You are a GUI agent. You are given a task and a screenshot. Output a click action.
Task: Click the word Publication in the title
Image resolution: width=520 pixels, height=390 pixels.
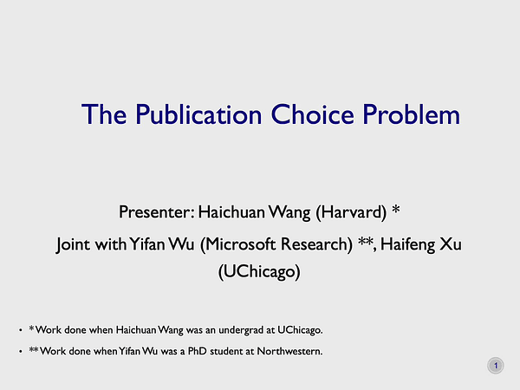coord(192,114)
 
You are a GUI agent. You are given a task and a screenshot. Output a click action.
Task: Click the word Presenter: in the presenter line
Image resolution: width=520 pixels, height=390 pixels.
coord(157,211)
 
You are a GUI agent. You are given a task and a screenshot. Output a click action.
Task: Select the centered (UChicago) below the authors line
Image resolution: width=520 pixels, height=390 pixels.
coord(260,272)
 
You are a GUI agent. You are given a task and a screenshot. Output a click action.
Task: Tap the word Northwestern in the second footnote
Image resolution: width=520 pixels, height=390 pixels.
coord(283,351)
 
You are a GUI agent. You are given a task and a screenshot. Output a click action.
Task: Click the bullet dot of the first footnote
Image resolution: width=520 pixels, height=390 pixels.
coord(20,330)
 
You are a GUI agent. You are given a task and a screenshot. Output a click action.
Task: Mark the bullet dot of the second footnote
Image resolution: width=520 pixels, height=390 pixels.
coord(20,352)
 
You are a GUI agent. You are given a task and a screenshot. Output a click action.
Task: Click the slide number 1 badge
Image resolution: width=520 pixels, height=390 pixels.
coord(495,367)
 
